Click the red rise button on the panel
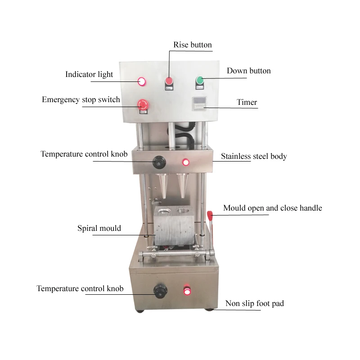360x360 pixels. [x=169, y=81]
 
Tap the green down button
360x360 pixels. [x=199, y=81]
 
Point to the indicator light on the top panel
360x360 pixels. [x=142, y=81]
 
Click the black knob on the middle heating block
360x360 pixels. [x=158, y=161]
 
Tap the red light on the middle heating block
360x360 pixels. [x=185, y=162]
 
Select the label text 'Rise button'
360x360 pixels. [x=193, y=45]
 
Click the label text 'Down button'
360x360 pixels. [x=248, y=71]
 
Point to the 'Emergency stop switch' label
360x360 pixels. [x=81, y=99]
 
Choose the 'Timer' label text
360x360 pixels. [x=247, y=102]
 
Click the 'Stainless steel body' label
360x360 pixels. [x=254, y=157]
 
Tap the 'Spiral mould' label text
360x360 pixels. [x=99, y=228]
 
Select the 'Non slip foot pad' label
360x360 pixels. [x=255, y=304]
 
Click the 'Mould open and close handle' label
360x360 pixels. [x=273, y=208]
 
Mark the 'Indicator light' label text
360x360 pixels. [x=89, y=74]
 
